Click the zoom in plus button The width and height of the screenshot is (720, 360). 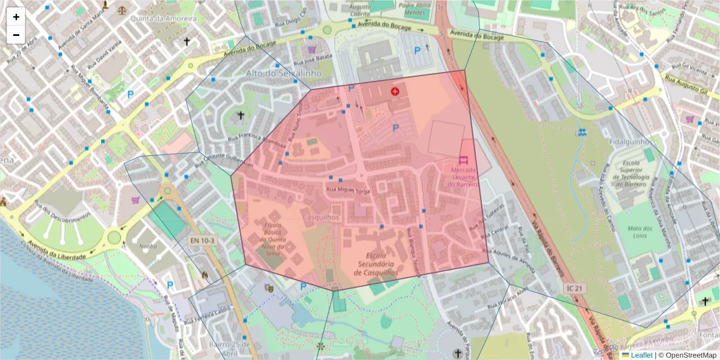[16, 17]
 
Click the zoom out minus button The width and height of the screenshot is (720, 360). [16, 35]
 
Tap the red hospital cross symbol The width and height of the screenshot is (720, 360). [395, 91]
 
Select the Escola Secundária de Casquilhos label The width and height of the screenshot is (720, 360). [376, 263]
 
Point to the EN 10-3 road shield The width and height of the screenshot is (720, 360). [202, 241]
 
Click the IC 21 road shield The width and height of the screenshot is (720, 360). [574, 289]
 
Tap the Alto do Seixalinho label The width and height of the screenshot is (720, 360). [284, 73]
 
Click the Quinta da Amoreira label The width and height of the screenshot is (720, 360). [164, 19]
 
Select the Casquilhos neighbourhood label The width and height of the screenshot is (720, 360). [321, 217]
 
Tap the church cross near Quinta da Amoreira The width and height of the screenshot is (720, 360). [187, 41]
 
